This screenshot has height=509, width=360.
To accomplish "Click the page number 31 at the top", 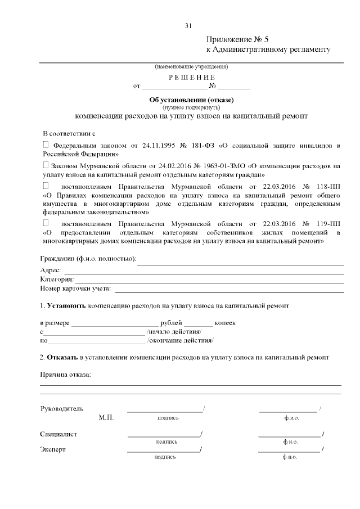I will click(x=188, y=25).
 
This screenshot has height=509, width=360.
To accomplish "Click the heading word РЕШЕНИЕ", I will click(x=191, y=76).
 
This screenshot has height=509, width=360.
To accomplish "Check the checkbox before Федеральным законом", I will click(x=46, y=145).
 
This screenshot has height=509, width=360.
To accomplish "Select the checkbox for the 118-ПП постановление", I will click(x=46, y=186).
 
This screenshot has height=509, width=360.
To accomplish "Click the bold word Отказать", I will click(x=63, y=357).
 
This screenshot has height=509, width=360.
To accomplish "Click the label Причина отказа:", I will click(x=65, y=375).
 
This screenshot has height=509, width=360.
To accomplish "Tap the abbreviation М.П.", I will click(x=106, y=417).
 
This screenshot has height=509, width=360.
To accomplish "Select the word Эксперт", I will click(x=53, y=449).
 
